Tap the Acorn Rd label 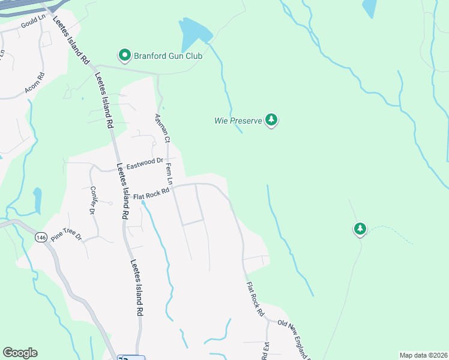pyautogui.click(x=35, y=85)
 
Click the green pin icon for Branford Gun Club pyautogui.click(x=125, y=55)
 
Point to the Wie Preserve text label pyautogui.click(x=238, y=121)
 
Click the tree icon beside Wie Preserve pyautogui.click(x=272, y=120)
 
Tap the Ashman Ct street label pyautogui.click(x=162, y=128)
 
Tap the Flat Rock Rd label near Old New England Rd pyautogui.click(x=255, y=299)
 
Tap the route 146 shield pyautogui.click(x=41, y=238)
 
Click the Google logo pyautogui.click(x=20, y=353)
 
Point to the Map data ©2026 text pyautogui.click(x=423, y=355)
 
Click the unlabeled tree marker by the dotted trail pyautogui.click(x=360, y=229)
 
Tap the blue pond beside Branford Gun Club pyautogui.click(x=194, y=33)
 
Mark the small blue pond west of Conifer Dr pyautogui.click(x=37, y=200)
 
